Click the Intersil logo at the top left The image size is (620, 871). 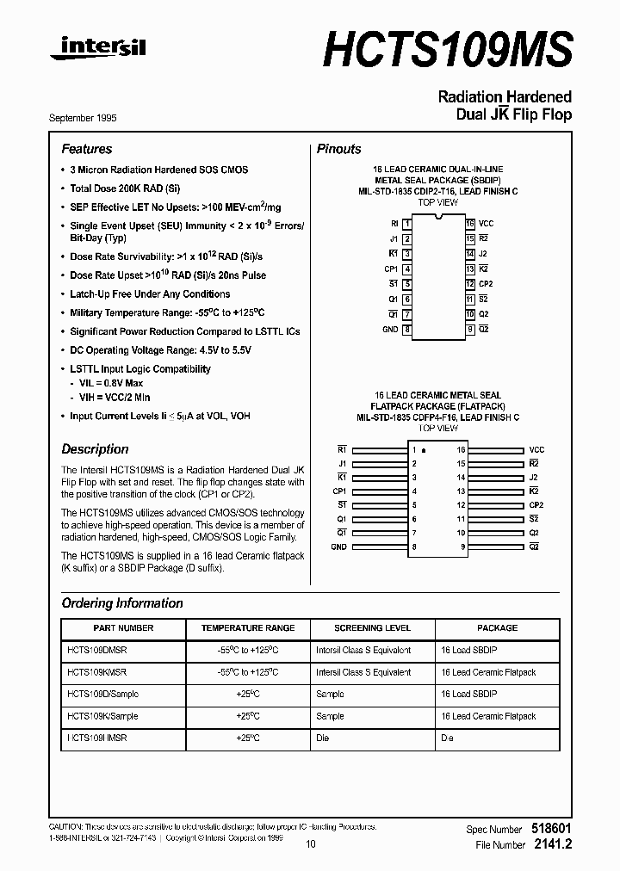[97, 51]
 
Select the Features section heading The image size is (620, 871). [87, 149]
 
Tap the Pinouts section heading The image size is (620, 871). [339, 149]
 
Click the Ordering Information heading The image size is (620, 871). [122, 603]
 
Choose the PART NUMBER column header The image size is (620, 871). [123, 628]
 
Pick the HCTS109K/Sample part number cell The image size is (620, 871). [102, 716]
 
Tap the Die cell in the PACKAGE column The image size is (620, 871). [447, 738]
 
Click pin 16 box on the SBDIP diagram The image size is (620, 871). [470, 224]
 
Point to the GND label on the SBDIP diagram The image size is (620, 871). [390, 330]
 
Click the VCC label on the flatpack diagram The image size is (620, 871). [536, 450]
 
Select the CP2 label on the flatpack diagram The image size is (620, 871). [536, 505]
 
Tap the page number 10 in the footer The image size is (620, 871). [311, 844]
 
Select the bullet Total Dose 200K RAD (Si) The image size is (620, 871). [125, 188]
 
